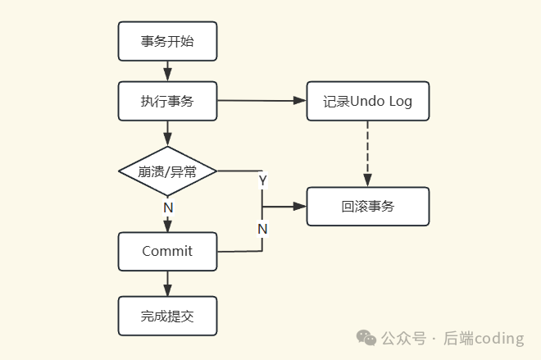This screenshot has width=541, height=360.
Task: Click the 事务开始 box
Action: [x=167, y=41]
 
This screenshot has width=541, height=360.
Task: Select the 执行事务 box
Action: [x=167, y=102]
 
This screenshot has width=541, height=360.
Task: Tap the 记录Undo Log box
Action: [x=367, y=102]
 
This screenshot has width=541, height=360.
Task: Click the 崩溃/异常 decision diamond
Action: [x=167, y=171]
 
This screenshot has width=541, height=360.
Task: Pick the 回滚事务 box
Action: [x=367, y=207]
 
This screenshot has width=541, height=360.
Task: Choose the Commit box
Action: [x=167, y=251]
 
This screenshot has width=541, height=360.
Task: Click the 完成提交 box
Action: [x=167, y=316]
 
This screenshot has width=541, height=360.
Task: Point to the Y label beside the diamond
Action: [x=262, y=180]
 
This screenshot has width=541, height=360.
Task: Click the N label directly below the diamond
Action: [x=168, y=207]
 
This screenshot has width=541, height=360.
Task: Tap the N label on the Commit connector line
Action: [x=262, y=229]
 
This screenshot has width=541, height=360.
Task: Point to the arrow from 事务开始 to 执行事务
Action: [x=167, y=71]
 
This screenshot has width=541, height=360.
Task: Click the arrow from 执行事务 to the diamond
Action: [x=167, y=134]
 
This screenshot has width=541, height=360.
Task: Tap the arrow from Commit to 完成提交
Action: [x=167, y=283]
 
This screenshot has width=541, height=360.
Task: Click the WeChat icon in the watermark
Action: [x=366, y=337]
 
